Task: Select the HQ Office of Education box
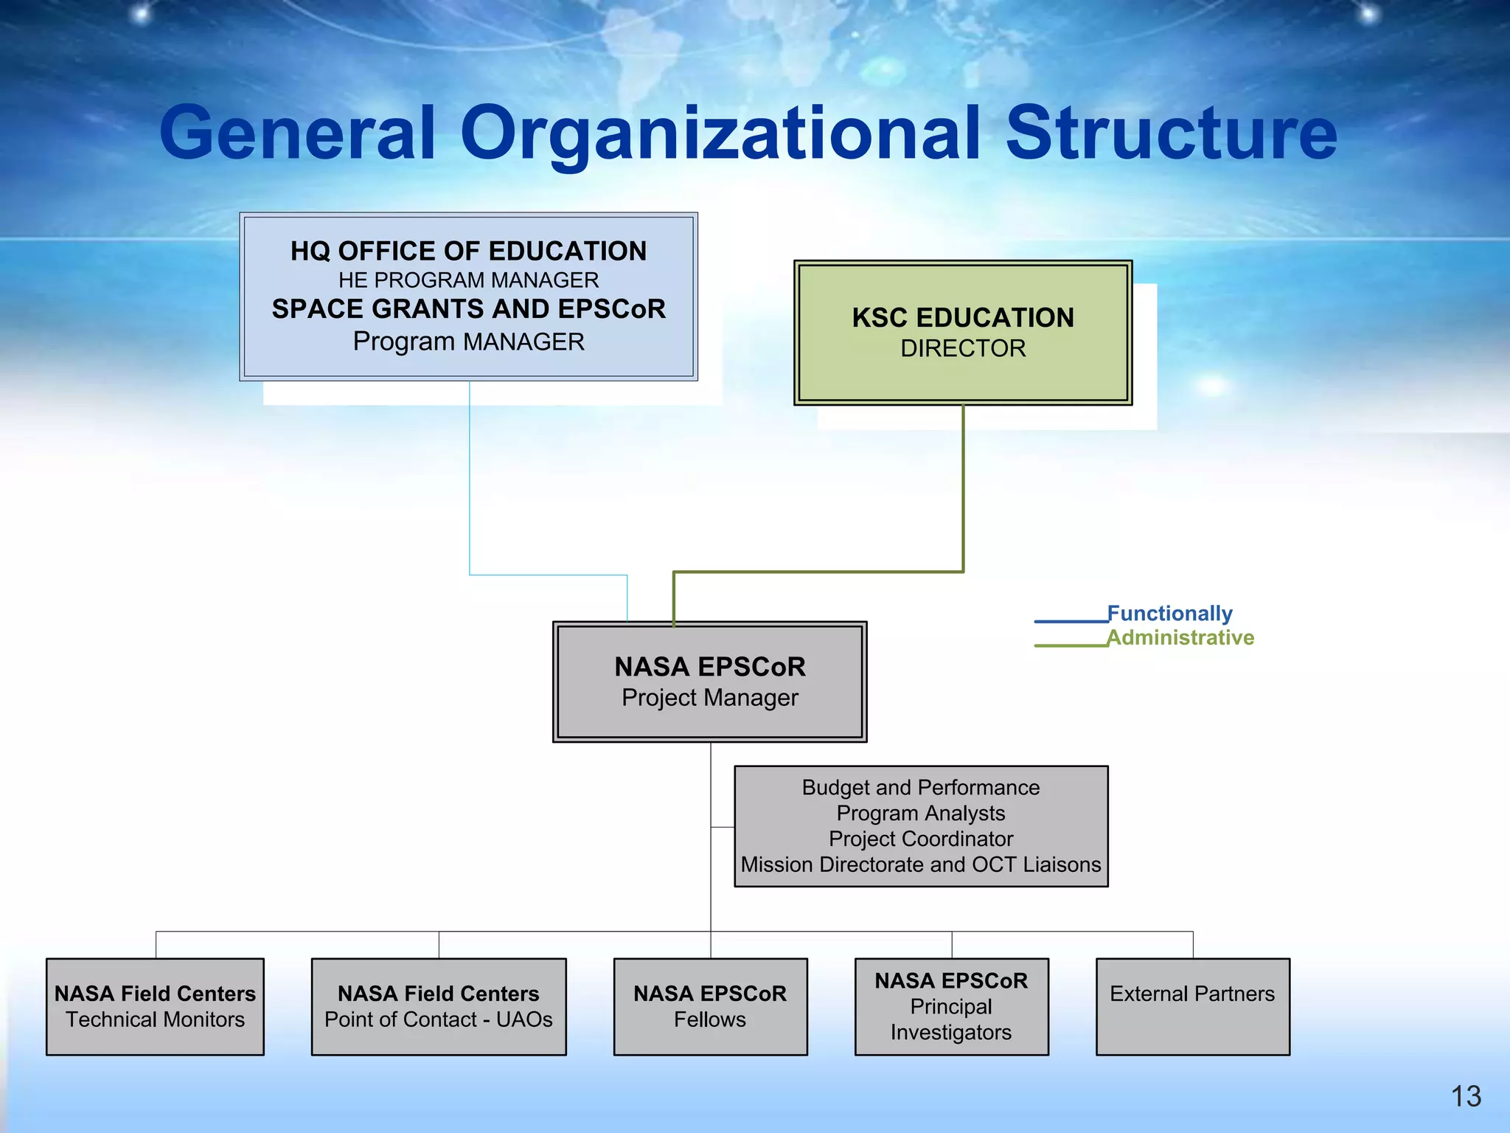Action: pos(468,297)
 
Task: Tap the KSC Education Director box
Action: pos(963,332)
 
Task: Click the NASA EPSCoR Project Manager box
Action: pos(709,682)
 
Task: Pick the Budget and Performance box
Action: pos(921,825)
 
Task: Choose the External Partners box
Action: pos(1192,1006)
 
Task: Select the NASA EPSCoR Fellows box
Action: pos(710,1006)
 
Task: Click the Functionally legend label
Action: pos(1169,613)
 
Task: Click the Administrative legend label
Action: pos(1180,637)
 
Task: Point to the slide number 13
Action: pos(1466,1096)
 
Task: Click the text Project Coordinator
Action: pos(921,839)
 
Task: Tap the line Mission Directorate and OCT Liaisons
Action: pos(921,865)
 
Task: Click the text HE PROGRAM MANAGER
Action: pos(468,280)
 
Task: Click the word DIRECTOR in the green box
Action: pos(963,348)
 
